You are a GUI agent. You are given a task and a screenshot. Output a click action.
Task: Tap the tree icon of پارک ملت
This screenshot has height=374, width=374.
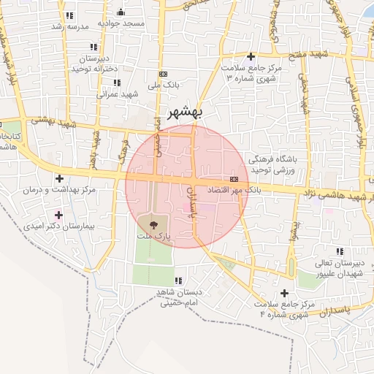[153, 225]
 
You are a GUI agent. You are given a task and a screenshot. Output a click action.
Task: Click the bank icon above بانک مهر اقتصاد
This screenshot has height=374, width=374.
[234, 179]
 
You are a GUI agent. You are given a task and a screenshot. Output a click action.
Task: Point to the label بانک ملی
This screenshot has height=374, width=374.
[164, 85]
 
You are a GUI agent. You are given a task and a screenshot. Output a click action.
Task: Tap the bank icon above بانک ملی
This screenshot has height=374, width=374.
[163, 74]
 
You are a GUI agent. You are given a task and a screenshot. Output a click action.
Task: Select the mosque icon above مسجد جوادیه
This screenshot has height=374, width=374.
[121, 12]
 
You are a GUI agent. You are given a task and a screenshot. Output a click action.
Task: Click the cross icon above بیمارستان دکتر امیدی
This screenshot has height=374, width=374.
[59, 215]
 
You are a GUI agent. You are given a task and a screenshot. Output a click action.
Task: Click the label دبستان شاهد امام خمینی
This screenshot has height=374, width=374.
[178, 297]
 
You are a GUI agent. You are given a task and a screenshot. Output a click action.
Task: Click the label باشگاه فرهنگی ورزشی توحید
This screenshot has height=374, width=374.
[274, 164]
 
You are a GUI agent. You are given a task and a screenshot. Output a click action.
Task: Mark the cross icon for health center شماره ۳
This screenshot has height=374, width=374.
[251, 56]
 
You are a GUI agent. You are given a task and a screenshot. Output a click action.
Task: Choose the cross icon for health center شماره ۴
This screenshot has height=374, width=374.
[284, 293]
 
